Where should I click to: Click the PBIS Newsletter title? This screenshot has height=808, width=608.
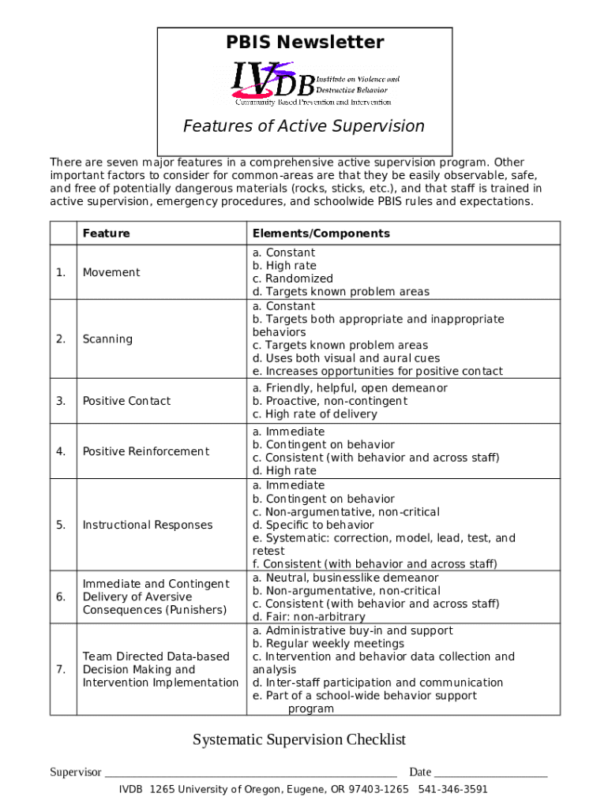[304, 43]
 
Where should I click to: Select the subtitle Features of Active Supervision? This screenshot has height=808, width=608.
[304, 126]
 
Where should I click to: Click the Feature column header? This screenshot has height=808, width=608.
[107, 234]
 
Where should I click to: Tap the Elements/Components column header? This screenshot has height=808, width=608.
[321, 234]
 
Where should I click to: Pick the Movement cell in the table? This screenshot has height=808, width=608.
[111, 272]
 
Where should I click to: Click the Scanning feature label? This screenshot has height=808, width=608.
[107, 339]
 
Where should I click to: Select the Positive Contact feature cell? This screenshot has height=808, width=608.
[126, 401]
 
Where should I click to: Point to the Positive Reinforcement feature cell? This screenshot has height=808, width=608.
[146, 451]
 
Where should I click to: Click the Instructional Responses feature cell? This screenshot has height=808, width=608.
[148, 525]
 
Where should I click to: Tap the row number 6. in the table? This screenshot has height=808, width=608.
[61, 597]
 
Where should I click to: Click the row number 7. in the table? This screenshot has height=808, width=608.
[61, 669]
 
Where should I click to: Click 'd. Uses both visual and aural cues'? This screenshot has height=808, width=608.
[347, 358]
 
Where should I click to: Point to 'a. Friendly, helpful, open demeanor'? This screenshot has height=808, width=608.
[350, 388]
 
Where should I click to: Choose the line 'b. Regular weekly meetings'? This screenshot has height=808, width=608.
[328, 644]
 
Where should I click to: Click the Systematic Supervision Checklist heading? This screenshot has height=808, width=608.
[299, 739]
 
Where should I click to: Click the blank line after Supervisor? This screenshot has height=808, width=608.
[250, 773]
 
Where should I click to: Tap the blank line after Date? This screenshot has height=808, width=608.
[490, 773]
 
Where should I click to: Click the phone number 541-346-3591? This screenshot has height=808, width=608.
[453, 789]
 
